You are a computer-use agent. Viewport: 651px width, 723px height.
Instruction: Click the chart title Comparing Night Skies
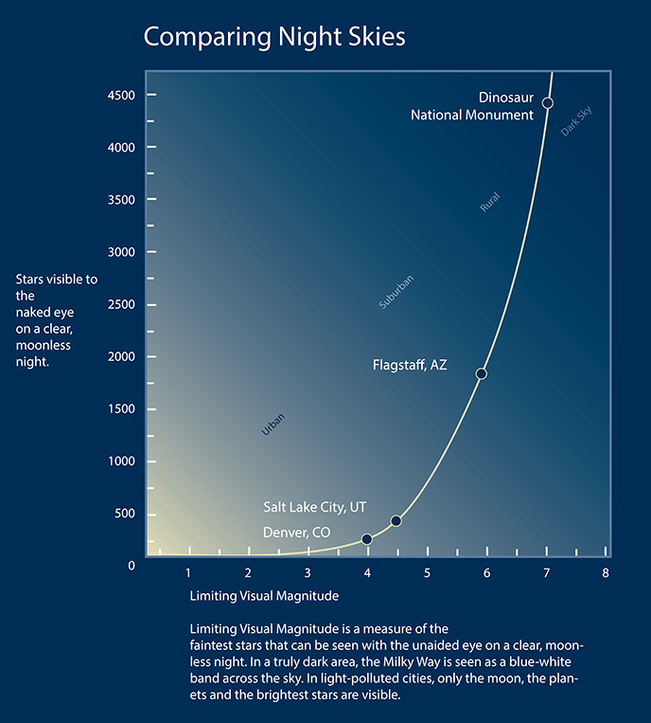pos(273,37)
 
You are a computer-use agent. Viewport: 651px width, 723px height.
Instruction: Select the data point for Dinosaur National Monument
pos(547,102)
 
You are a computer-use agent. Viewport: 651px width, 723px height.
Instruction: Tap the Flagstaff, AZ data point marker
pos(481,373)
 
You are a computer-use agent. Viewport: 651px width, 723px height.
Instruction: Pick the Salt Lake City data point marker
pos(396,521)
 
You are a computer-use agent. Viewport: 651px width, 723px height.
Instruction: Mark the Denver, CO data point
pos(367,539)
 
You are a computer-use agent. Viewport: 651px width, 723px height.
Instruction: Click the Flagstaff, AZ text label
pos(410,365)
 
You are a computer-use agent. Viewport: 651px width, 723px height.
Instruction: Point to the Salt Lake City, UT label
pos(314,508)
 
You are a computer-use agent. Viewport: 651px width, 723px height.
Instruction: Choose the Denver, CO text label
pos(296,533)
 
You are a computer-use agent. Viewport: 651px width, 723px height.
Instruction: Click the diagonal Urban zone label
pos(273,425)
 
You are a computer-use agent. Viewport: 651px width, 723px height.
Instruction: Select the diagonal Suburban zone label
pos(396,292)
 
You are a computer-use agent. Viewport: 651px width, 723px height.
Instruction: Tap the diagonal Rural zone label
pos(489,202)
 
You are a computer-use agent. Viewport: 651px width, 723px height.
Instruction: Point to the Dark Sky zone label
pos(576,121)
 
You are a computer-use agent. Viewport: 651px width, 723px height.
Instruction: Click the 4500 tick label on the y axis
pos(120,96)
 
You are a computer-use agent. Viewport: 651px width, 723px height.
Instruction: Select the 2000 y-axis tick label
pos(120,357)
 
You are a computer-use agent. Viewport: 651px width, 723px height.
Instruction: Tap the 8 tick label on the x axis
pos(606,572)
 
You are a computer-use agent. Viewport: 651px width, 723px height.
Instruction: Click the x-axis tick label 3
pos(308,572)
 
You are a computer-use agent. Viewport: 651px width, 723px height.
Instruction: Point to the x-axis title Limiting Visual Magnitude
pos(264,597)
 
